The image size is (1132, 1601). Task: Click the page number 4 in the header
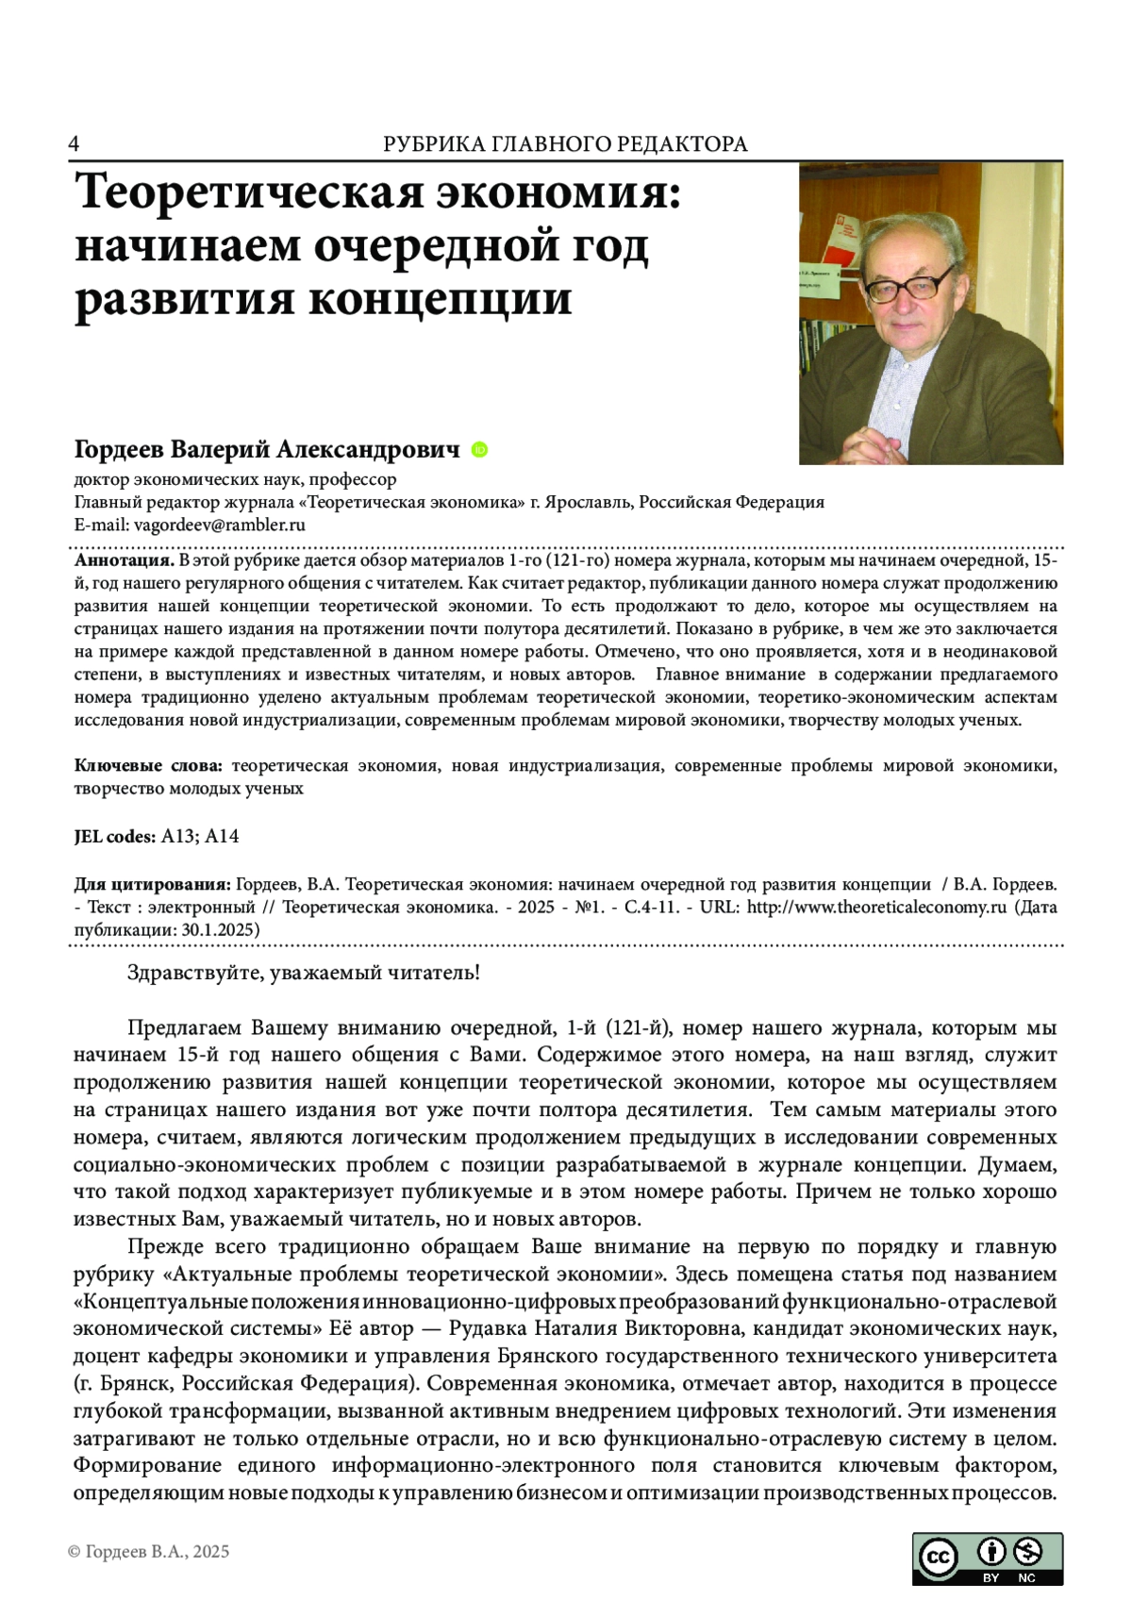pos(74,143)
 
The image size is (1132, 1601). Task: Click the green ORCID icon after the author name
pos(478,450)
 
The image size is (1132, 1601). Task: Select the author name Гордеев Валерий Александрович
pos(267,450)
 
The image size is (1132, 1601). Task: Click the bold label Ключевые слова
pos(148,765)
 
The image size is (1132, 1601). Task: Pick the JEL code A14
pos(222,836)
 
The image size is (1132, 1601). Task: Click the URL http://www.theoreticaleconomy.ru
pos(877,908)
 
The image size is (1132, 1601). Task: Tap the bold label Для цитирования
pos(152,885)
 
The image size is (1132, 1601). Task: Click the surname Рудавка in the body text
pos(488,1329)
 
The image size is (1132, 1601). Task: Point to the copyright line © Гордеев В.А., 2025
pos(148,1552)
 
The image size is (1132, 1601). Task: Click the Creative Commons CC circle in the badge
pos(938,1558)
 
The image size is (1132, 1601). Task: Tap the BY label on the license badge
pos(990,1577)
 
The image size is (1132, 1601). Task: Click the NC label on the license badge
pos(1026,1577)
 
